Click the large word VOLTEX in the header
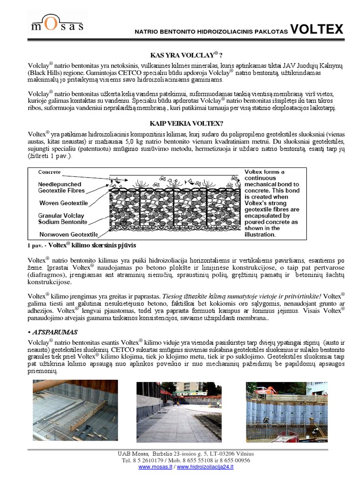click(x=316, y=30)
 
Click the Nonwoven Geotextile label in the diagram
click(x=68, y=234)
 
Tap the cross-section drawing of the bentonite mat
click(x=175, y=205)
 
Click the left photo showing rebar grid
click(x=75, y=410)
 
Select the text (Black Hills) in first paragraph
click(x=45, y=74)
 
